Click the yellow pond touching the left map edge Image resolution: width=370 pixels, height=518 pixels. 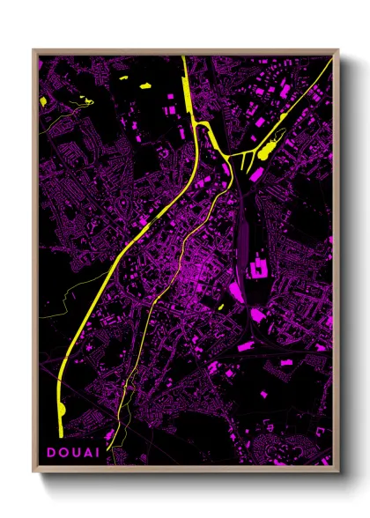pos(43,102)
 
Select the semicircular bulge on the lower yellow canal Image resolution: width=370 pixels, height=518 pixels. pos(63,410)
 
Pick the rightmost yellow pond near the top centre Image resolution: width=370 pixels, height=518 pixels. pos(146,85)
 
